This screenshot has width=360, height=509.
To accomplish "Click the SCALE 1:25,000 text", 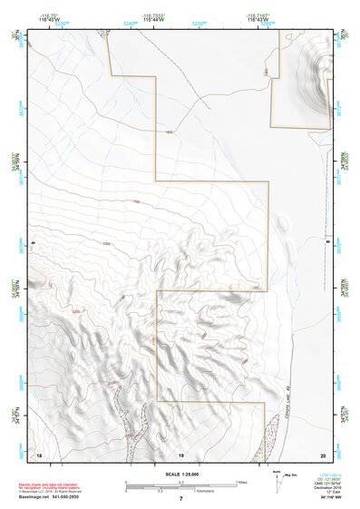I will [180, 474].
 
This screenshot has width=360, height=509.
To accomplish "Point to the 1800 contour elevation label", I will [169, 132].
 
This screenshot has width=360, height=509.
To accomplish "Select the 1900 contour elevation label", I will [136, 201].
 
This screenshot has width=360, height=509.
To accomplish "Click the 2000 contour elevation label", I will [107, 244].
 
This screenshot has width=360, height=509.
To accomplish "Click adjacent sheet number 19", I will [180, 453].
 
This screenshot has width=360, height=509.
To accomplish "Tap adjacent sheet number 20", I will [323, 453].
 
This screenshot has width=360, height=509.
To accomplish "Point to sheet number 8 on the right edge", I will [327, 243].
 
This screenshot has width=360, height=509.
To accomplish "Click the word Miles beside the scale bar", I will [239, 482].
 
